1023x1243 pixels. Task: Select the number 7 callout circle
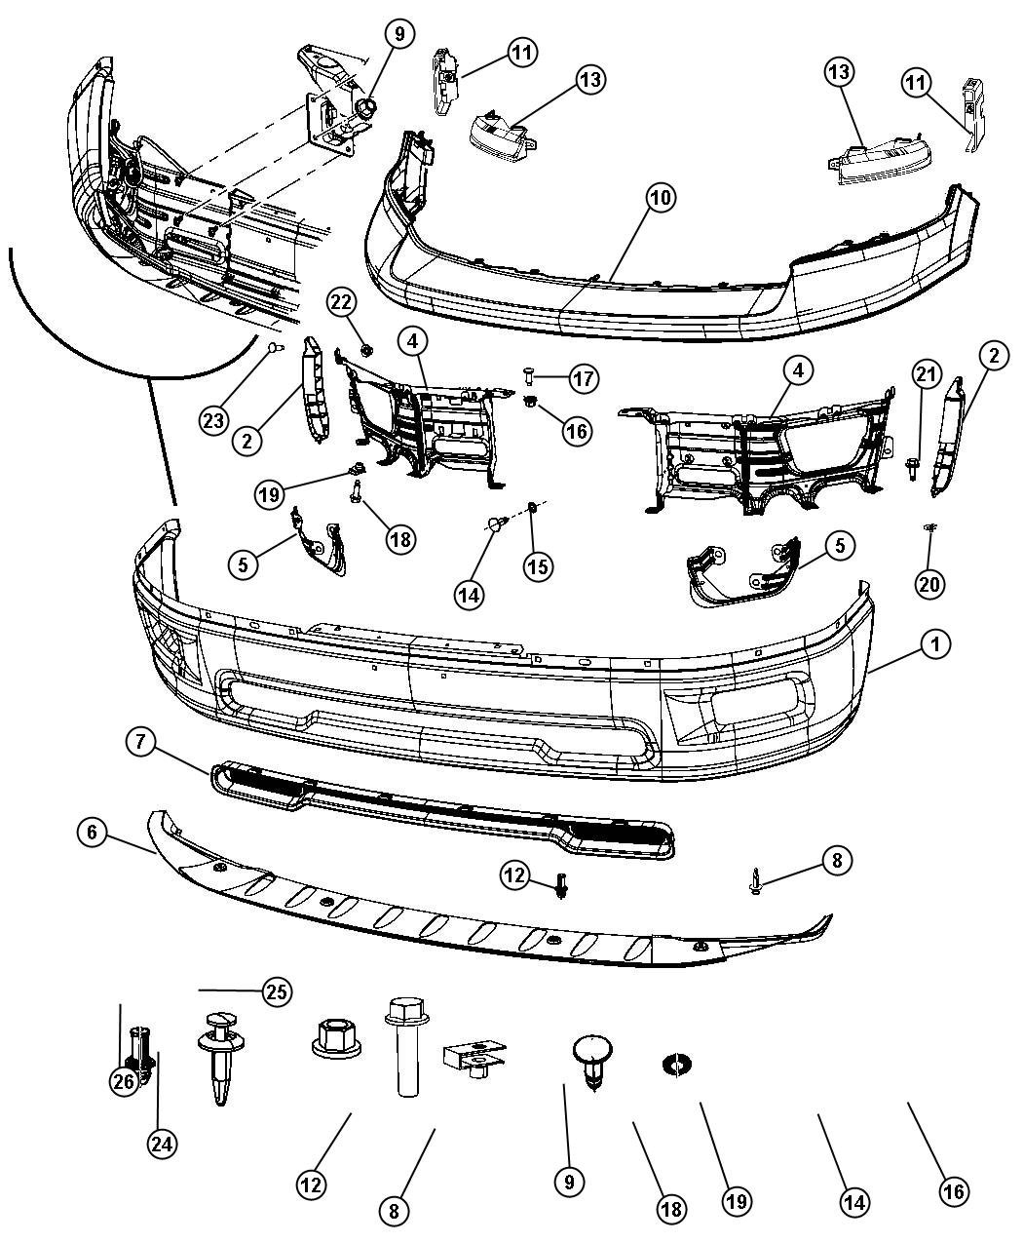(x=139, y=743)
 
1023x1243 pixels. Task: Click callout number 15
(x=538, y=566)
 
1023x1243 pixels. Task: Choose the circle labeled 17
(x=584, y=378)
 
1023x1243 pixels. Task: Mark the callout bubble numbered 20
(x=929, y=583)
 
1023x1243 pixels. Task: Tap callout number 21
(x=927, y=373)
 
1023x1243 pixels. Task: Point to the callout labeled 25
(x=277, y=992)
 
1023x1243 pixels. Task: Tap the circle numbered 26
(x=123, y=1082)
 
